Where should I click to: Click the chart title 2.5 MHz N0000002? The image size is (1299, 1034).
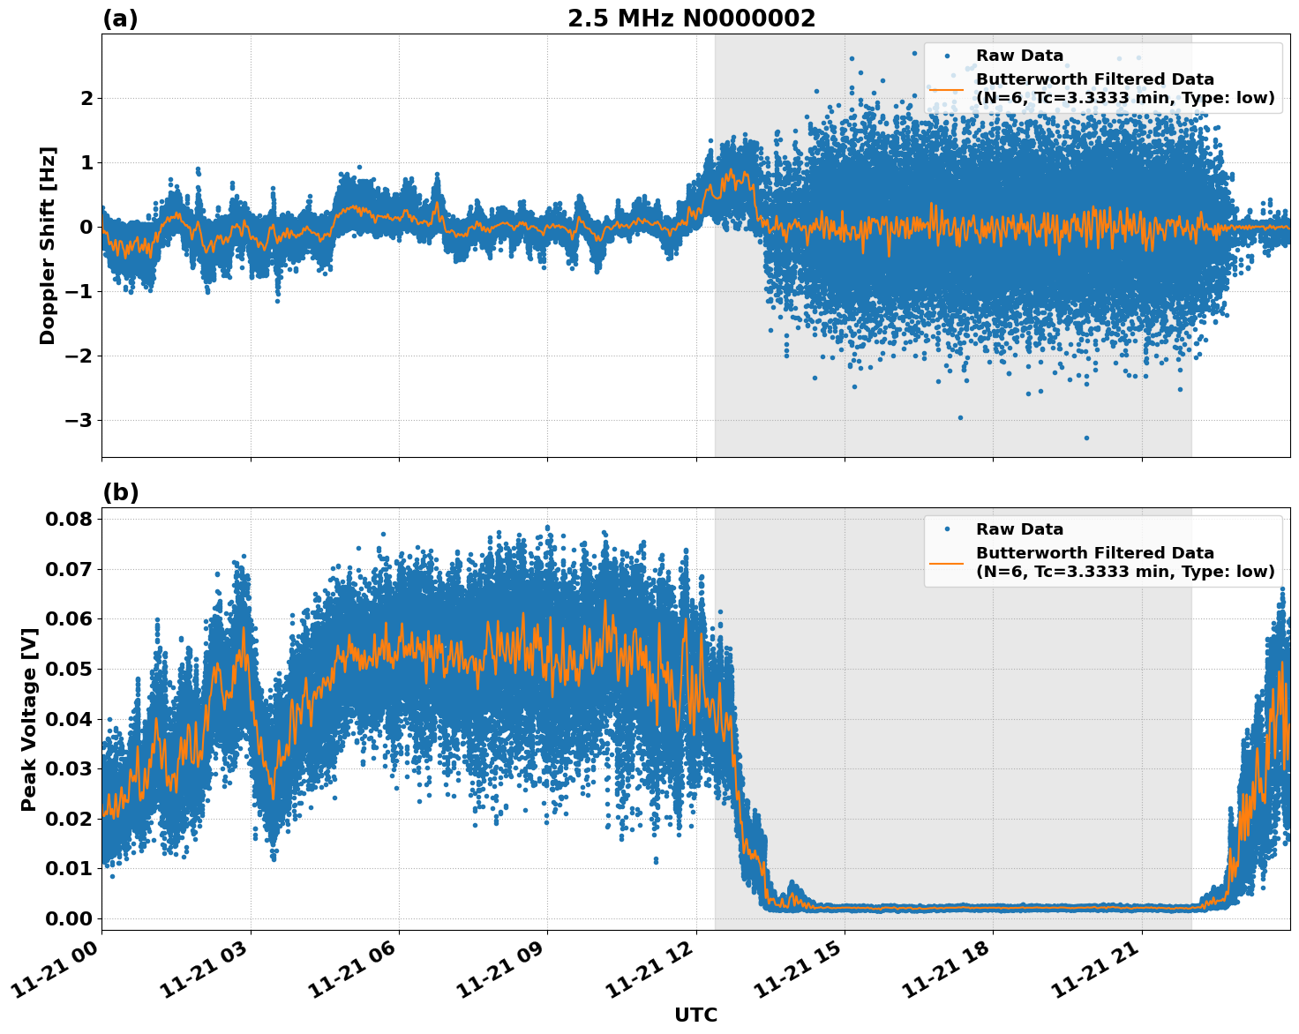click(x=691, y=19)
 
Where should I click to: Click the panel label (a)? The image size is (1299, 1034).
click(x=120, y=19)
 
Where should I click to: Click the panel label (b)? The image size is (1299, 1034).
click(x=121, y=492)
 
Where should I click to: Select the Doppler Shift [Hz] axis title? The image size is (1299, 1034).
click(x=48, y=245)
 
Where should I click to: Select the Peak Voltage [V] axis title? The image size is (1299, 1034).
click(x=29, y=719)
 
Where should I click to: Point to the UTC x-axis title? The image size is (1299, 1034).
click(x=695, y=1015)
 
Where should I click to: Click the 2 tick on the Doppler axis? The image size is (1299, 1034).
click(x=86, y=98)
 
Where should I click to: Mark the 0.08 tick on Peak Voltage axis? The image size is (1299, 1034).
click(x=68, y=519)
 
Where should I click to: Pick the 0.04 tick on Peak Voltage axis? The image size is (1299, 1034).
click(x=68, y=718)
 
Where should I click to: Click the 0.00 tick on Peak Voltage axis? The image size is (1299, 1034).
click(x=68, y=918)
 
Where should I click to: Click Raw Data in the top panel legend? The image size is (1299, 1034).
click(x=1019, y=56)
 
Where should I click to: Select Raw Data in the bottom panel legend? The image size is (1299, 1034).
click(x=1019, y=529)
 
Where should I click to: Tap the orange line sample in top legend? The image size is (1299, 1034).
click(x=947, y=88)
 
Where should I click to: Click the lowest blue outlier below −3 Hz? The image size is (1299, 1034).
click(x=1086, y=438)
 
